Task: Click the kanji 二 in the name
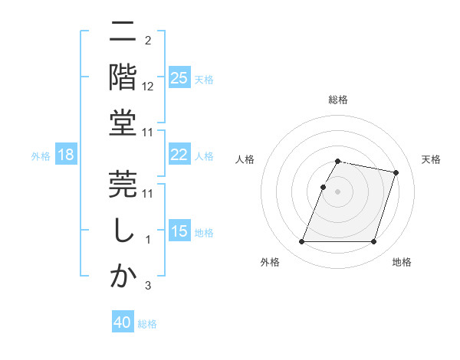pos(123,34)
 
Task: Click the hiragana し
pos(123,231)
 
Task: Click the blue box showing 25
pos(179,78)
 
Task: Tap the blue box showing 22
pos(179,155)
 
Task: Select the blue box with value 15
pos(179,231)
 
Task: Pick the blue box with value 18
pos(65,155)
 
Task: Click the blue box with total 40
pos(123,322)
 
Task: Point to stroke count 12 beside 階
pos(148,87)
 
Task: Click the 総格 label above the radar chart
pos(338,100)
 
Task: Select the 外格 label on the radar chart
pos(270,263)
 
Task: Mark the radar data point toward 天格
pos(396,173)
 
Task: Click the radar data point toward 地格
pos(373,242)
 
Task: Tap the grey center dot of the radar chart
pos(338,192)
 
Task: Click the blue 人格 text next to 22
pos(203,155)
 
